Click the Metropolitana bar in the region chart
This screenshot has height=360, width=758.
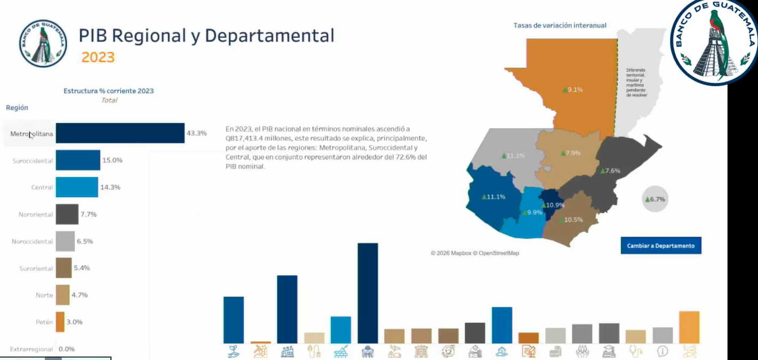[120, 133]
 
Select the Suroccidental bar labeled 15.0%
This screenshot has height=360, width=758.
[78, 160]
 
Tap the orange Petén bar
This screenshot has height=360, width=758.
[60, 322]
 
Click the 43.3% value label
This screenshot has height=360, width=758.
[196, 133]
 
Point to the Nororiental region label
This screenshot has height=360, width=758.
[36, 214]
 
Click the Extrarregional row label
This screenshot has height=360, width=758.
[31, 349]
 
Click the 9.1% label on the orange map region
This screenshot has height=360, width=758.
[572, 90]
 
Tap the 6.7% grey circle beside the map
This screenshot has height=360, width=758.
[655, 199]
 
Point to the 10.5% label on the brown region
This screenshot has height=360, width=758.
[570, 220]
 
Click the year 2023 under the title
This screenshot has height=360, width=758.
[98, 57]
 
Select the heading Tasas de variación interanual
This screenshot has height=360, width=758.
[560, 25]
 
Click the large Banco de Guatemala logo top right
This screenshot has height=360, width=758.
[714, 43]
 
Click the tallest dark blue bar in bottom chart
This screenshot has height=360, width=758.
[368, 293]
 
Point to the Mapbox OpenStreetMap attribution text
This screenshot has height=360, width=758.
[475, 253]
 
